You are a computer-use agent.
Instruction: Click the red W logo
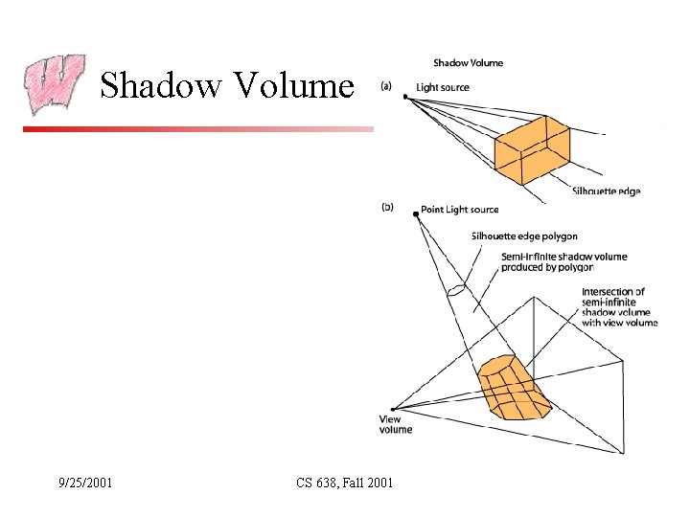coord(54,84)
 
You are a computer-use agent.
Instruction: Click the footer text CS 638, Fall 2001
coord(344,483)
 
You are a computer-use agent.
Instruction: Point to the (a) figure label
coord(387,86)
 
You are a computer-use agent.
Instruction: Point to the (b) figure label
coord(387,206)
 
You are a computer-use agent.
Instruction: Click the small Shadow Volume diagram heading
coord(468,63)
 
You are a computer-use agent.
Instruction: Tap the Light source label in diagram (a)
coord(443,87)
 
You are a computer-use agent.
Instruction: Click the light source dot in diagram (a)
coord(405,97)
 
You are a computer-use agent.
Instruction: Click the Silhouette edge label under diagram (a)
coord(605,191)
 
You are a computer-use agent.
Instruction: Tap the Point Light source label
coord(460,210)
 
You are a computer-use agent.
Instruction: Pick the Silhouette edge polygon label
coord(524,236)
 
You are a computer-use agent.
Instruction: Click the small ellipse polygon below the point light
coord(457,288)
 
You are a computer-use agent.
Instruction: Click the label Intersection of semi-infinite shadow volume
coord(619,306)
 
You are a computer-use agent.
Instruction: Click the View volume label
coord(395,424)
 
